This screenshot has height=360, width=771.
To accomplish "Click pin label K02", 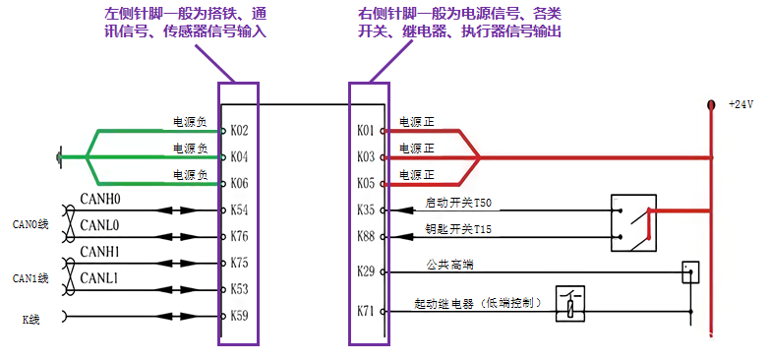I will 240,130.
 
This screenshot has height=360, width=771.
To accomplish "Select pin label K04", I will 240,156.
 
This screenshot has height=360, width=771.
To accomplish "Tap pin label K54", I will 240,210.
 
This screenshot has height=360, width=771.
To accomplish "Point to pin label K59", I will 240,316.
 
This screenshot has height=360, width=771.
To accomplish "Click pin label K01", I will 366,130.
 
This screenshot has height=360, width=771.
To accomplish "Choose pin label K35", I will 366,210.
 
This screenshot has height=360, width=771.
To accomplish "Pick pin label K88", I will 366,236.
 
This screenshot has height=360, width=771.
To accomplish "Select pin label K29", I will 366,270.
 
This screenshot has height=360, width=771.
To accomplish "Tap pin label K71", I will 366,311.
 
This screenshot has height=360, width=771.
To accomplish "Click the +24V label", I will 740,104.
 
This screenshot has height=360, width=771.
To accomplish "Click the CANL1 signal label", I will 99,279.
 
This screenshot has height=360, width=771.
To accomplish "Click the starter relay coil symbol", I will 569,304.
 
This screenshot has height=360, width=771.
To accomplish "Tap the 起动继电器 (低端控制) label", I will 476,304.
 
